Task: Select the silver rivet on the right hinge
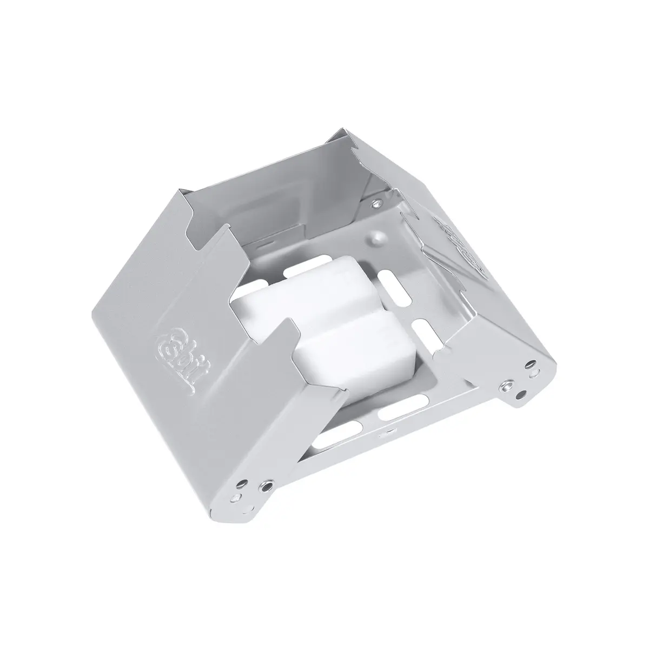[505, 386]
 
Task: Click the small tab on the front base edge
[386, 434]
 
